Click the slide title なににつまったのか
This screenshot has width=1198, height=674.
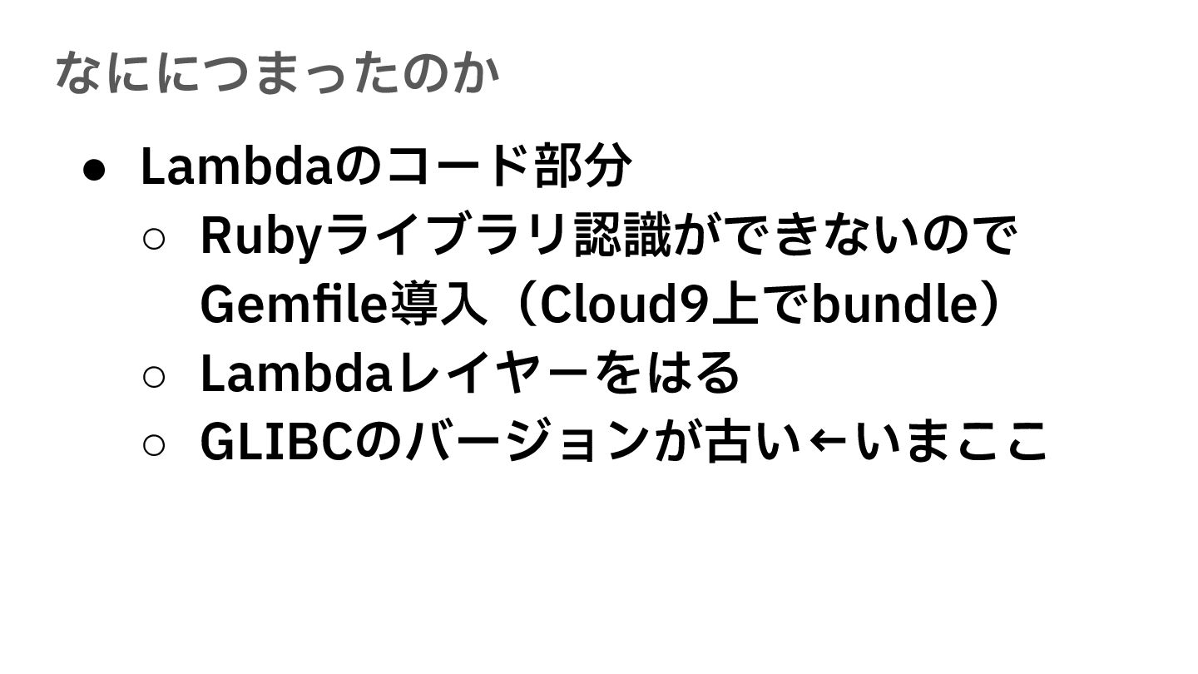coord(277,72)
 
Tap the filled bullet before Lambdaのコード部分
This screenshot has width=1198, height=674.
coord(94,169)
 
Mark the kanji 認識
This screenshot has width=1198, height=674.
coord(621,235)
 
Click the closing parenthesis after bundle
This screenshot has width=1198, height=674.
coord(988,305)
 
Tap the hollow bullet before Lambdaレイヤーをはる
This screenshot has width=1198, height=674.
coord(154,376)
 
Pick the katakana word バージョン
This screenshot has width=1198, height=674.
coord(527,441)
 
